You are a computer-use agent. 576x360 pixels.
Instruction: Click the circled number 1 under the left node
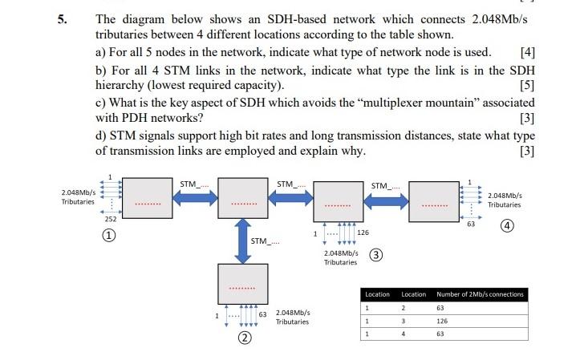pyautogui.click(x=110, y=235)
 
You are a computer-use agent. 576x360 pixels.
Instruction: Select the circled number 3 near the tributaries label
pyautogui.click(x=375, y=256)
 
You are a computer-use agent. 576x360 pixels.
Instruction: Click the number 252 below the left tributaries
pyautogui.click(x=110, y=219)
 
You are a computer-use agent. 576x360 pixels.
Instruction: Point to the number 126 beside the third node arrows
pyautogui.click(x=363, y=233)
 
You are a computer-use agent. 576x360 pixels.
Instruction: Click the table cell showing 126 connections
pyautogui.click(x=441, y=320)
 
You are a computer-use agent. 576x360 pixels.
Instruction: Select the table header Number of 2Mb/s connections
pyautogui.click(x=479, y=294)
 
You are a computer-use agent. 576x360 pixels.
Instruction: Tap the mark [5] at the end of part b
pyautogui.click(x=526, y=85)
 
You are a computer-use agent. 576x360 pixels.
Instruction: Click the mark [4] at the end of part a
pyautogui.click(x=526, y=52)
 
